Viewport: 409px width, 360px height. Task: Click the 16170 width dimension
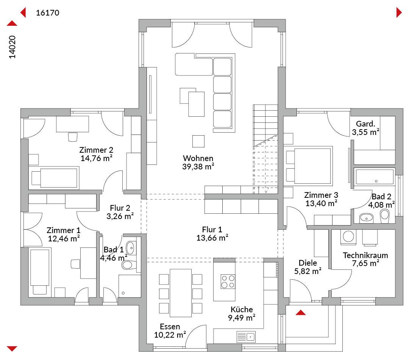47,13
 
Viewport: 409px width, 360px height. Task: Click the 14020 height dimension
12,47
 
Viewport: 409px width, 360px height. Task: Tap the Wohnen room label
198,158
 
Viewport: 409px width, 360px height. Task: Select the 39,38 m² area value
198,167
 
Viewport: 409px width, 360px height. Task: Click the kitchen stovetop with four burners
228,282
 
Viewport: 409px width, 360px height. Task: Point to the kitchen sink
246,337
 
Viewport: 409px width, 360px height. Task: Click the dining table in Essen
181,293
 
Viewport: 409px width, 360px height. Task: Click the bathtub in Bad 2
375,177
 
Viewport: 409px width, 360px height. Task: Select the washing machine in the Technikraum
348,237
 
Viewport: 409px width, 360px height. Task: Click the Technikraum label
365,255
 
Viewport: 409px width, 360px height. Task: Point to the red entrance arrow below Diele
301,313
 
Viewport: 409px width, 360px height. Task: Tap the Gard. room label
365,124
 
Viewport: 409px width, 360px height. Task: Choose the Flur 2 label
120,208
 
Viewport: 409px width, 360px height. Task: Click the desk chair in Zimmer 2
73,137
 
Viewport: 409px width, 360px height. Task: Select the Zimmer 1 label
64,230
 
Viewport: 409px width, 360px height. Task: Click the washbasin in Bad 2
367,218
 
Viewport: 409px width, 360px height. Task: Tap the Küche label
242,310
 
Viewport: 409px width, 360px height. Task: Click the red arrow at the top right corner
399,13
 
